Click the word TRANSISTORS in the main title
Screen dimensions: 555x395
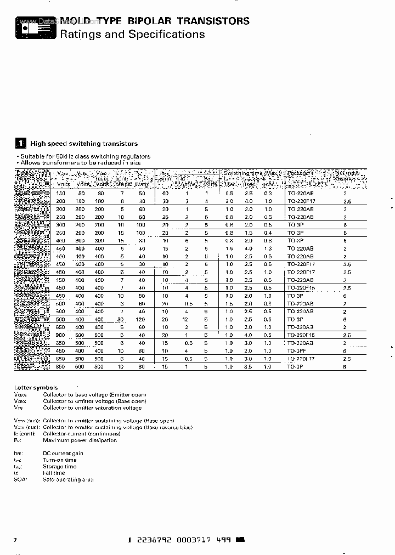point(214,21)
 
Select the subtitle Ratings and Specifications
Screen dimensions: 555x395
point(132,35)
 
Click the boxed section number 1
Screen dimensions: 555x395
point(20,144)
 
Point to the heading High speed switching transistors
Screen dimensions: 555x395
point(84,144)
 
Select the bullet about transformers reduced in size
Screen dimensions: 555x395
point(80,162)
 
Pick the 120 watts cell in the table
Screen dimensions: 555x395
point(142,319)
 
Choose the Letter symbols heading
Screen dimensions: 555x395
point(36,388)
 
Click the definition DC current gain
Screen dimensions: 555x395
point(63,454)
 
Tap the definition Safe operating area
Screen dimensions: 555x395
point(68,479)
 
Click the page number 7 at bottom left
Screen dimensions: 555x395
point(15,540)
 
